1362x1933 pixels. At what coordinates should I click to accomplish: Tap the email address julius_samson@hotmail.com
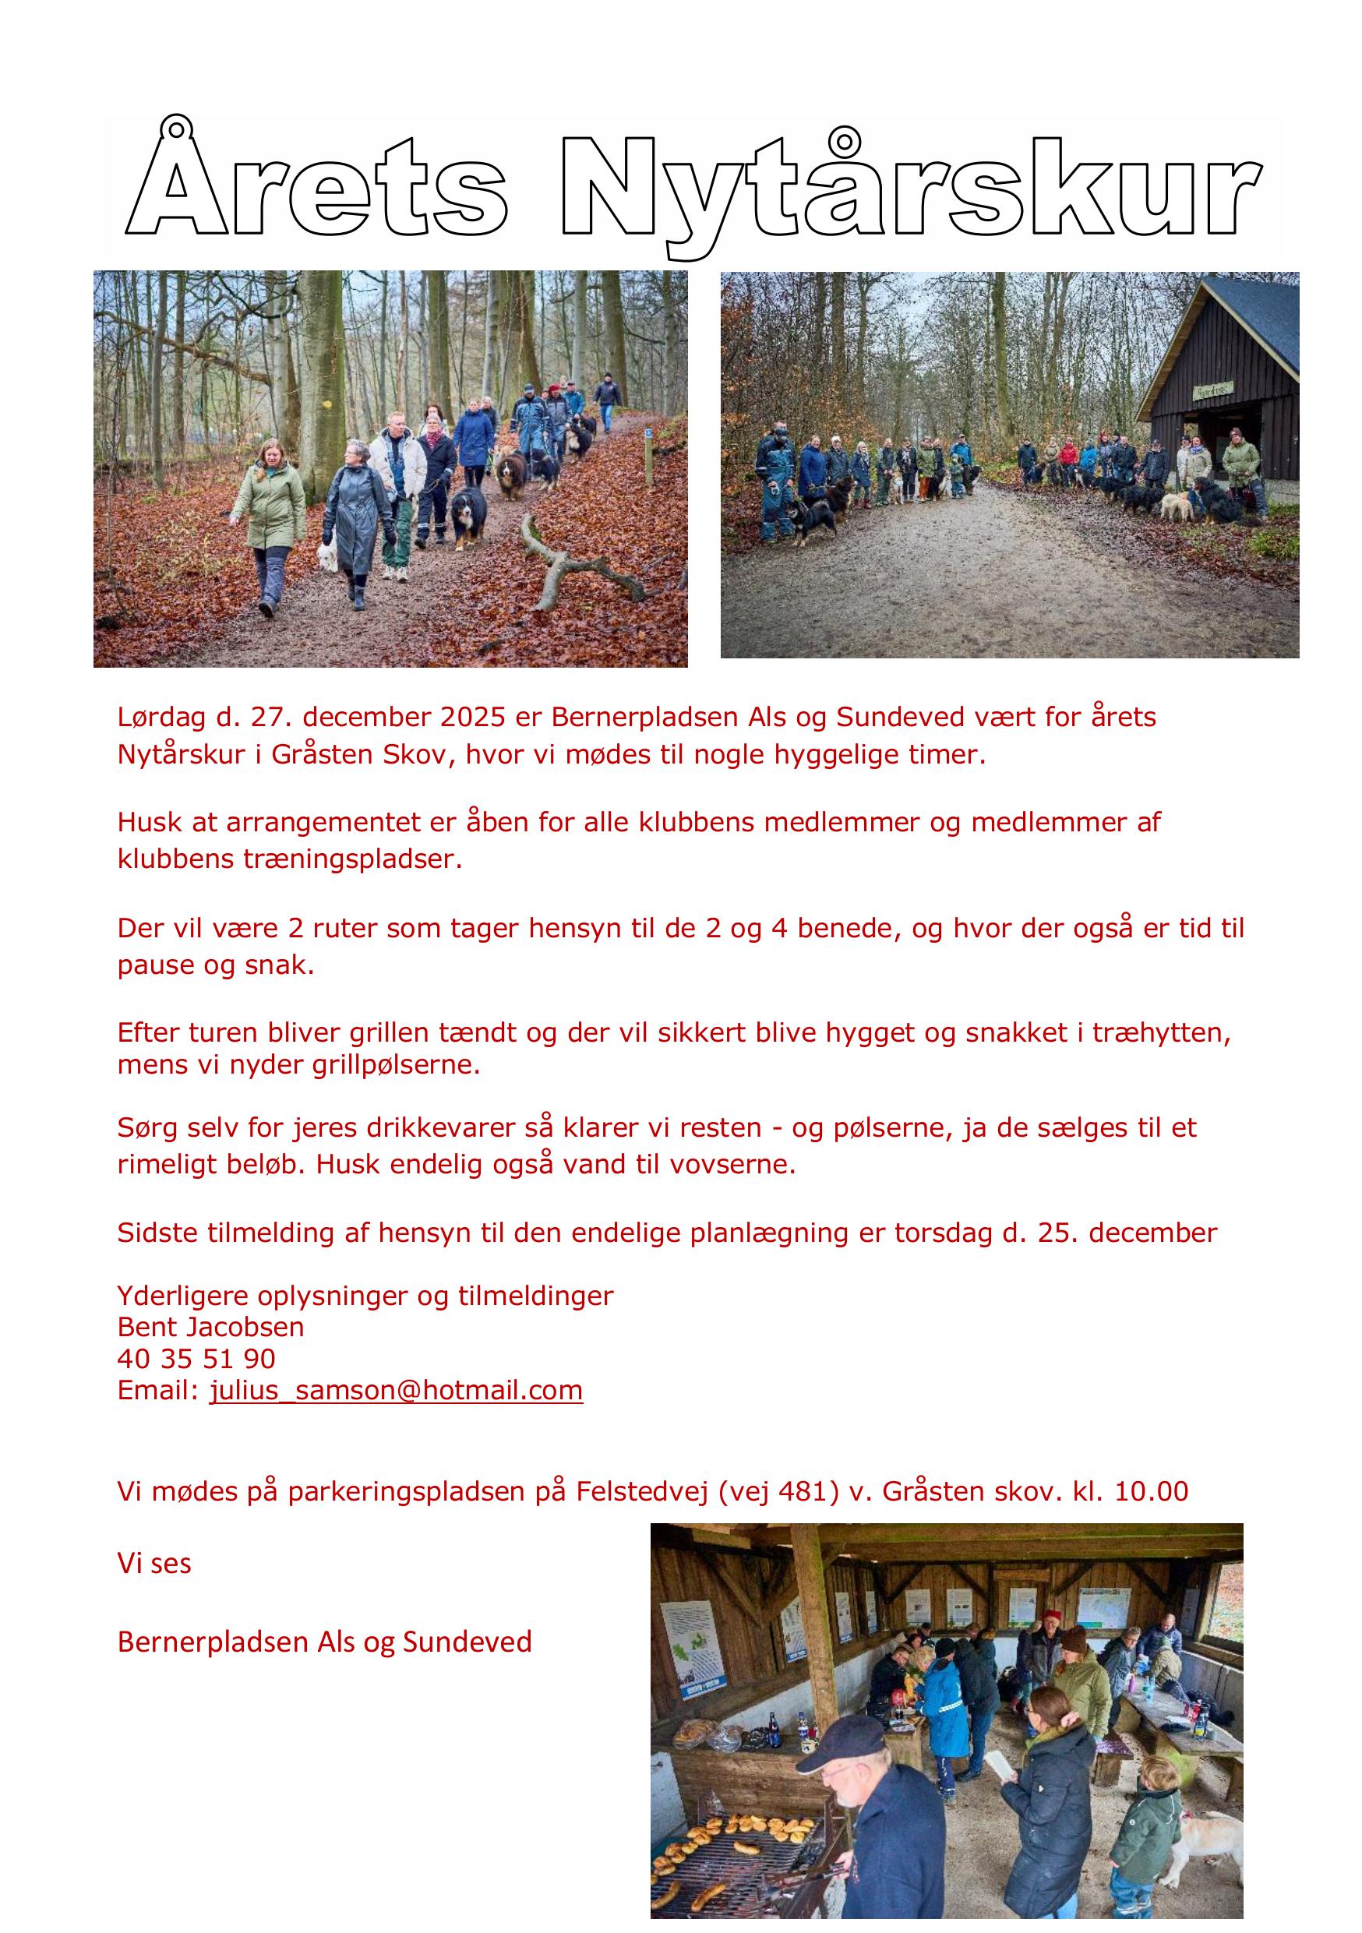(396, 1390)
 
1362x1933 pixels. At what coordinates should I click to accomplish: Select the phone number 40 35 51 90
(196, 1359)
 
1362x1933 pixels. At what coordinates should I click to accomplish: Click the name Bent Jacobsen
(210, 1328)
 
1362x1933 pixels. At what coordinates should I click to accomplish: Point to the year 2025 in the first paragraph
(472, 718)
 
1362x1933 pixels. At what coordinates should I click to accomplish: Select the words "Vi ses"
(154, 1564)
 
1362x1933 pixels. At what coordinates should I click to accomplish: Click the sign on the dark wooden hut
(1212, 389)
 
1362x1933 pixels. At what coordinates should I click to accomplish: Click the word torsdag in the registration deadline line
(944, 1233)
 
